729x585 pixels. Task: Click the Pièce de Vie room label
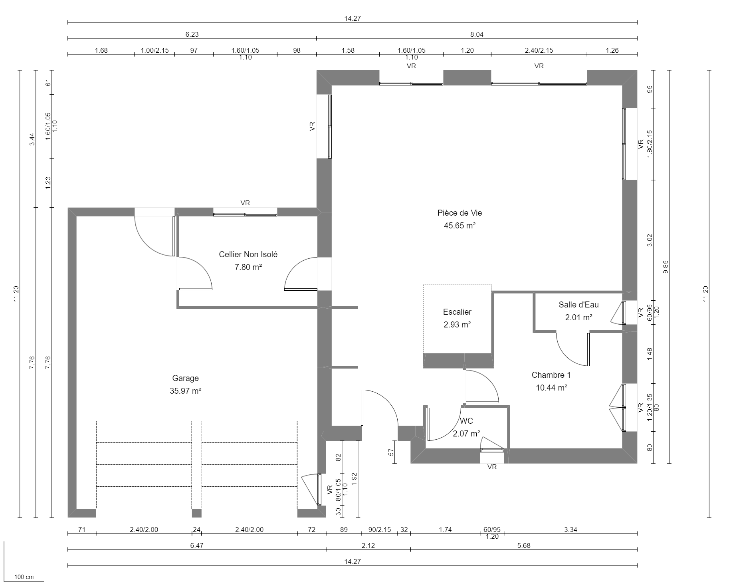point(460,213)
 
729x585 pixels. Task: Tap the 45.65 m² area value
point(460,226)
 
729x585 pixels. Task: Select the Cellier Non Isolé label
point(248,254)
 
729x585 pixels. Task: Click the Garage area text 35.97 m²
point(185,391)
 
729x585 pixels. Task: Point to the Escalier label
point(457,312)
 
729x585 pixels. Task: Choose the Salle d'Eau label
point(578,305)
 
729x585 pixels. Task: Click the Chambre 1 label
point(551,375)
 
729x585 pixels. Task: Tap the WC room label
point(466,421)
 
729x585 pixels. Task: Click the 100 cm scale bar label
point(24,577)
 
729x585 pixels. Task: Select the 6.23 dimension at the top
point(192,35)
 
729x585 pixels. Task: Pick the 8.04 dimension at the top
point(477,35)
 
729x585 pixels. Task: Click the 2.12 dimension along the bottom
point(368,546)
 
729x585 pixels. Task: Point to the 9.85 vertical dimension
point(666,267)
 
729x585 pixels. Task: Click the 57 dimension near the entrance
point(391,452)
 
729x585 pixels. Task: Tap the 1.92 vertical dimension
point(355,478)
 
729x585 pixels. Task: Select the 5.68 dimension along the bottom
point(523,546)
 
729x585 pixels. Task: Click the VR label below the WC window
point(492,467)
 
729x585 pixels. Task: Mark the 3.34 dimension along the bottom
point(571,530)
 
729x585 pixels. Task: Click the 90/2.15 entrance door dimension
point(379,530)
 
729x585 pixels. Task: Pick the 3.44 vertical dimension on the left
point(33,139)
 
